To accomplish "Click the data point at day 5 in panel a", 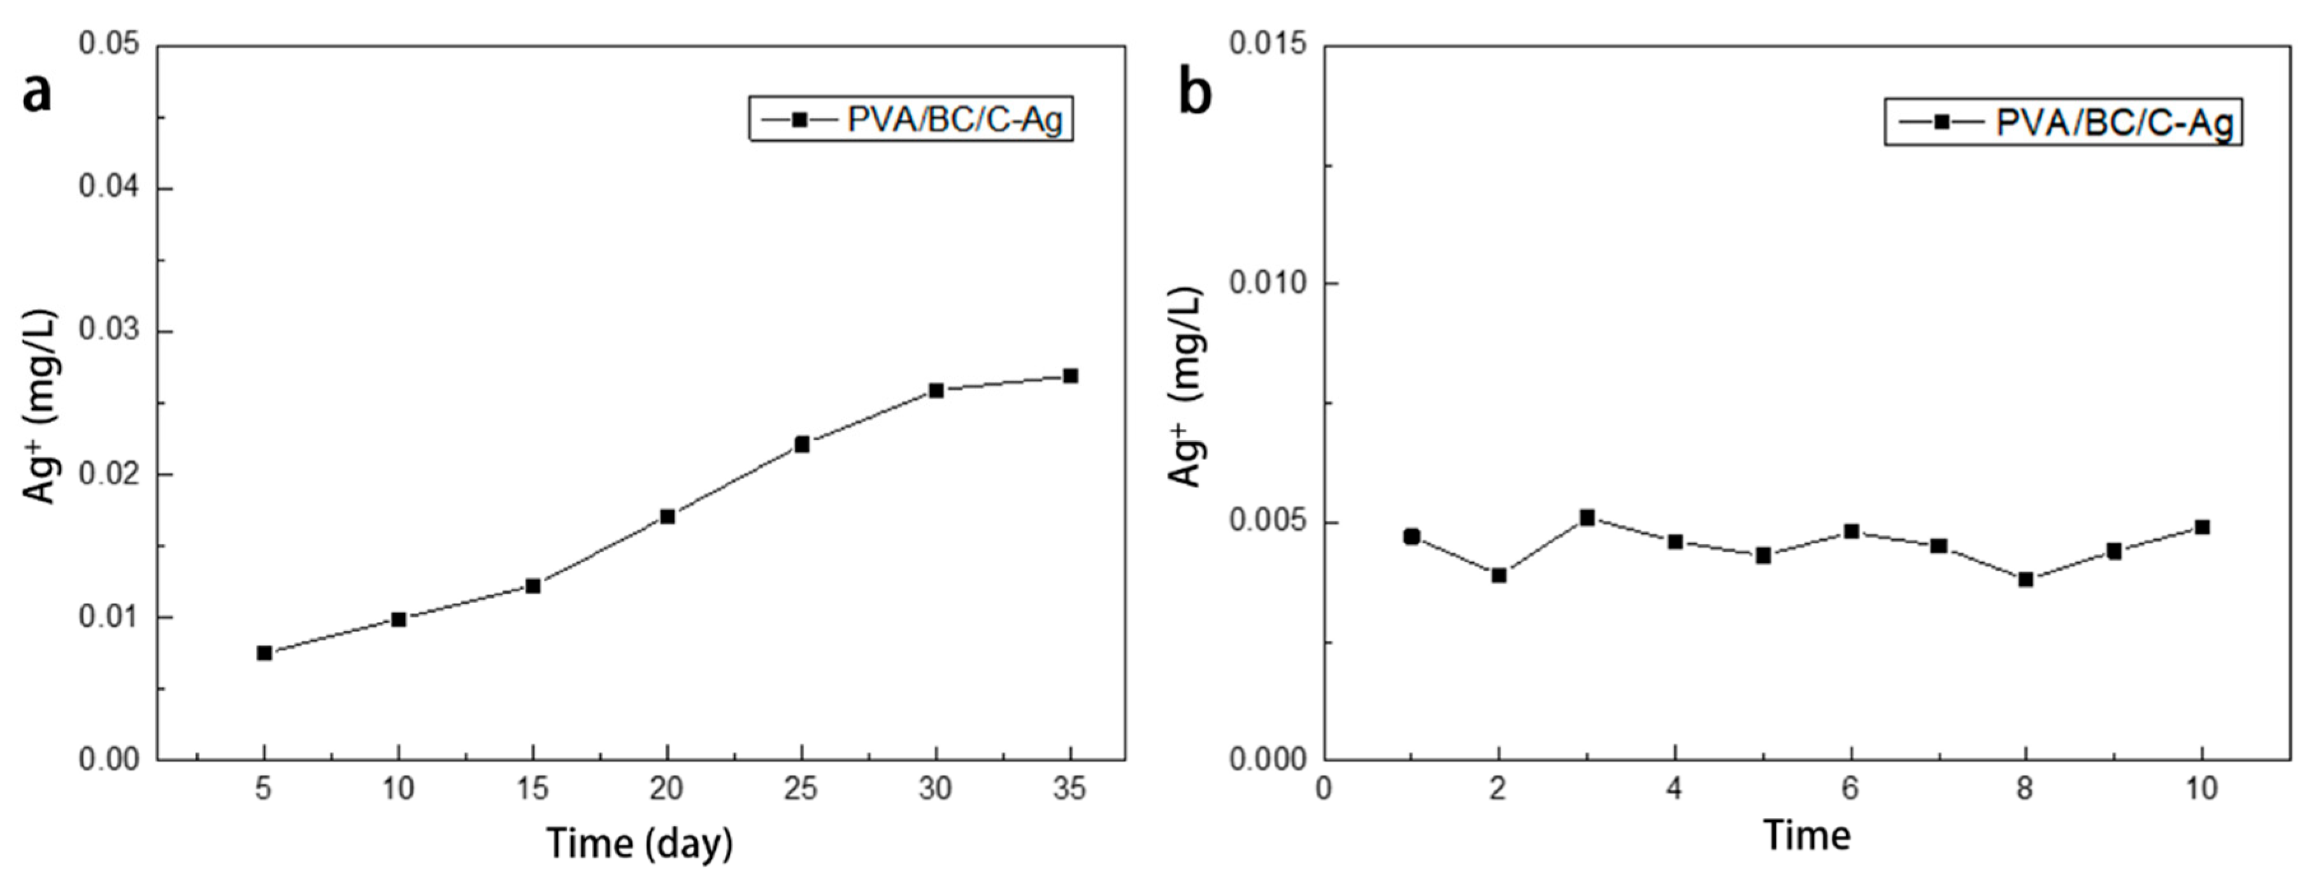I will [x=264, y=653].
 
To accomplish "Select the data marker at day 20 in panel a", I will [x=668, y=517].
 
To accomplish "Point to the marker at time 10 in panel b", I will [x=2202, y=528].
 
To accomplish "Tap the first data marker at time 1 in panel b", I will [x=1412, y=537].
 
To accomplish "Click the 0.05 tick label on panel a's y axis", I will [x=110, y=44].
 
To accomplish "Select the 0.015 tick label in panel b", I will [x=1268, y=44].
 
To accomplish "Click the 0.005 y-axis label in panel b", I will [x=1268, y=523].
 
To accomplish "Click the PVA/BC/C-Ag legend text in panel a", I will [x=955, y=120].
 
